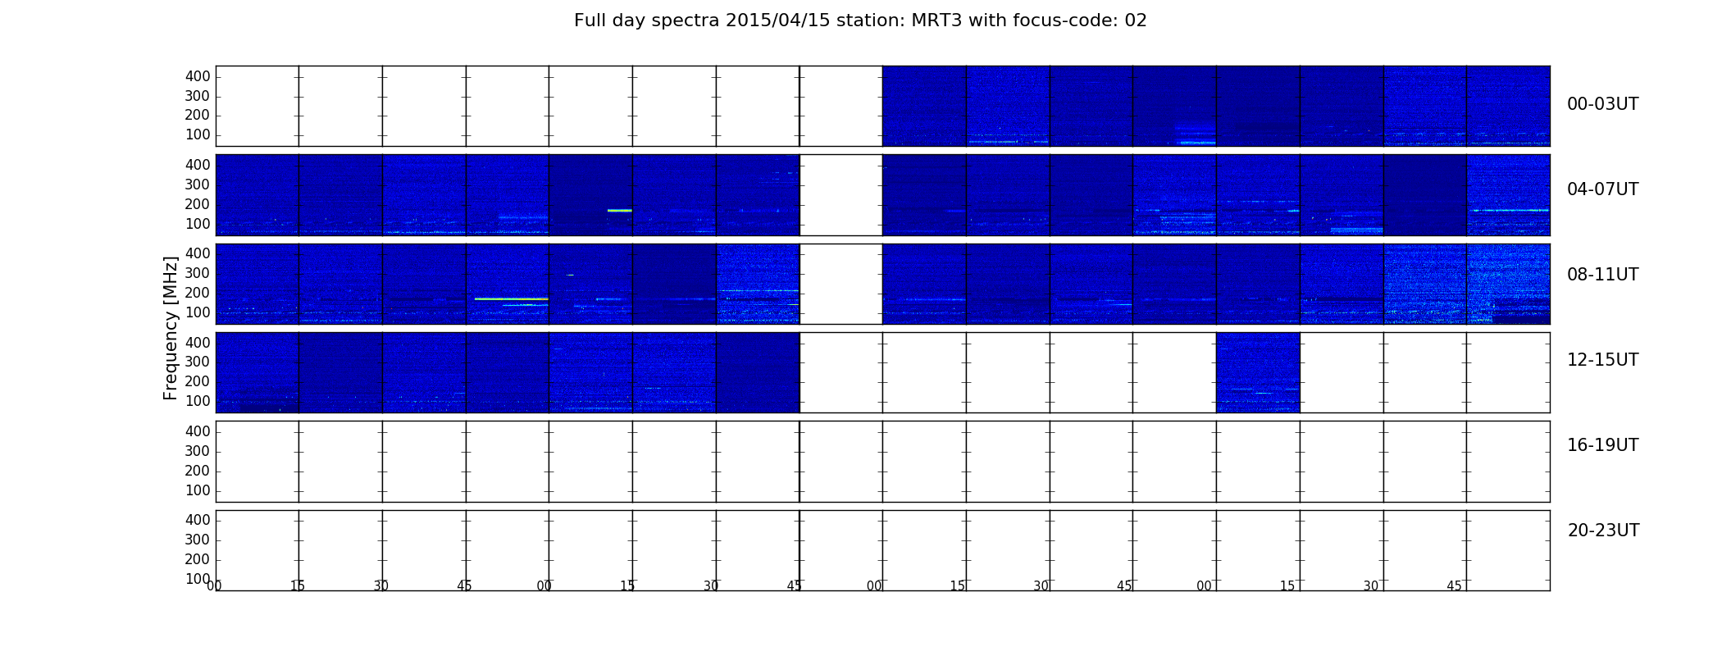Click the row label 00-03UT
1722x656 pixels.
coord(1602,104)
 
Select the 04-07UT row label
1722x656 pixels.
coord(1602,189)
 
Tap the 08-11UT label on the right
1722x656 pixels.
coord(1602,275)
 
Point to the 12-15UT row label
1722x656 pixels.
coord(1602,360)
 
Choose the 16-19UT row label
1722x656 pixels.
coord(1602,445)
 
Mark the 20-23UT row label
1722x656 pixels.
coord(1603,531)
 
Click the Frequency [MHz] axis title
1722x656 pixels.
coord(171,328)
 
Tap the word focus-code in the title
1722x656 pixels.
coord(1052,20)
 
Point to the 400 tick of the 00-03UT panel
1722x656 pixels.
coord(198,76)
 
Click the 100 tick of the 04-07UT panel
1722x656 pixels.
coord(198,224)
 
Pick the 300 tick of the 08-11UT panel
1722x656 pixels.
coord(198,273)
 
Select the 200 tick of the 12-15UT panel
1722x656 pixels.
coord(198,381)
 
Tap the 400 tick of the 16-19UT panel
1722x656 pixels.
coord(198,431)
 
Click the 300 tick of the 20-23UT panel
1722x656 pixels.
coord(198,540)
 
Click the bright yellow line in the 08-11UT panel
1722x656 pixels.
coord(511,299)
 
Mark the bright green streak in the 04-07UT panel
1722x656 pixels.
coord(620,211)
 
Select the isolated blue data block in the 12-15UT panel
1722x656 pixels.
coord(1258,372)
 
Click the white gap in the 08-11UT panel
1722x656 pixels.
coord(841,284)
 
